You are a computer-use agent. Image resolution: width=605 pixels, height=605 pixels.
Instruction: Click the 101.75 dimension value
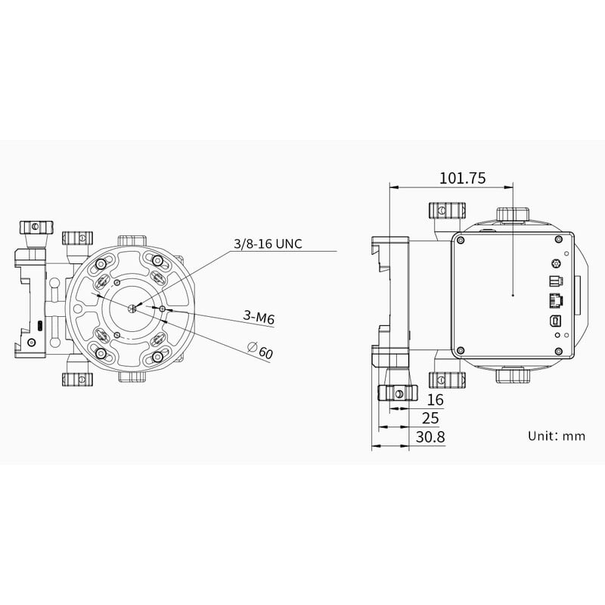tap(462, 178)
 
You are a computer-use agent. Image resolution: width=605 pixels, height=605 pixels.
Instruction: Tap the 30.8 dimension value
tap(430, 436)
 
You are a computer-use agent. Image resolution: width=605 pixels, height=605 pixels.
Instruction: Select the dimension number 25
tap(430, 417)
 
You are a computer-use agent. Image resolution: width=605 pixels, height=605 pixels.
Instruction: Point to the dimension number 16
tap(436, 399)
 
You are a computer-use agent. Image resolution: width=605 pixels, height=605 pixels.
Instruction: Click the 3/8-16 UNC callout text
tap(268, 244)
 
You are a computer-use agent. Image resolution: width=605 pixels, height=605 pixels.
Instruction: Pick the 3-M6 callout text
tap(259, 318)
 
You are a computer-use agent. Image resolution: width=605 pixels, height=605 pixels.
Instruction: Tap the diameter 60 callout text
tap(260, 351)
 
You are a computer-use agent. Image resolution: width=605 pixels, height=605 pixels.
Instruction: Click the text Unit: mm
tap(557, 436)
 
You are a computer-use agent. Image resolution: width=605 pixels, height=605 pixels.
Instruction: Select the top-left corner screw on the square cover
tap(459, 240)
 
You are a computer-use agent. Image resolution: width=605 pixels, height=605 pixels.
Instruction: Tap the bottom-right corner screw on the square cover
tap(558, 350)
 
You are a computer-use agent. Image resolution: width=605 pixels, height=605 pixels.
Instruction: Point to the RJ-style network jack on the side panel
tap(554, 299)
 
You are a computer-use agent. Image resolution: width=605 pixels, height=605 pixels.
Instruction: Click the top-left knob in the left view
tap(36, 226)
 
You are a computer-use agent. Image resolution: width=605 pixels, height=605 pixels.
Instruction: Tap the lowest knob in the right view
tap(397, 392)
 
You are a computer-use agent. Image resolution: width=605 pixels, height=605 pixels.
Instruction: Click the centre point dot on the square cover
tap(513, 295)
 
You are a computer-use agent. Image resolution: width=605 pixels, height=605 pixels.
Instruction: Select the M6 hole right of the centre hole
tap(163, 309)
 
